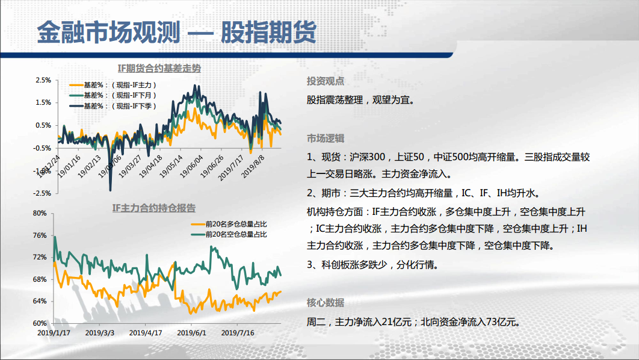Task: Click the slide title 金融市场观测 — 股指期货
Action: (x=176, y=32)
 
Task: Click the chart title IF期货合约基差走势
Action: (x=159, y=69)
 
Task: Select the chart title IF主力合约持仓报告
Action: (x=154, y=208)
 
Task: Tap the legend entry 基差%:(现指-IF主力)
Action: (x=113, y=85)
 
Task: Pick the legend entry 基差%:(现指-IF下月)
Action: (x=113, y=95)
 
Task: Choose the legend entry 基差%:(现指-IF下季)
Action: (x=113, y=106)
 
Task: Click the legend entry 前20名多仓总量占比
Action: (x=229, y=224)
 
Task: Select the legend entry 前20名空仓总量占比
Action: (x=229, y=234)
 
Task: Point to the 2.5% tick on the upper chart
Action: (x=43, y=80)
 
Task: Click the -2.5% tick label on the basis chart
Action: (x=42, y=193)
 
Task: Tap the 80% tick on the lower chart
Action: (x=40, y=213)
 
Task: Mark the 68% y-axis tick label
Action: (x=40, y=279)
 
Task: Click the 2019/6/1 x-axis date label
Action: (x=191, y=333)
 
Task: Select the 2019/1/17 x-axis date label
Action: (x=54, y=333)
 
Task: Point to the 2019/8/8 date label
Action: (x=253, y=166)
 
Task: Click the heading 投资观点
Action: (x=325, y=81)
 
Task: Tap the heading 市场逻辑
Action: (x=325, y=138)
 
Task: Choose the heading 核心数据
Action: (x=325, y=303)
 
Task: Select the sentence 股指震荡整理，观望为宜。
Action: (x=361, y=100)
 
